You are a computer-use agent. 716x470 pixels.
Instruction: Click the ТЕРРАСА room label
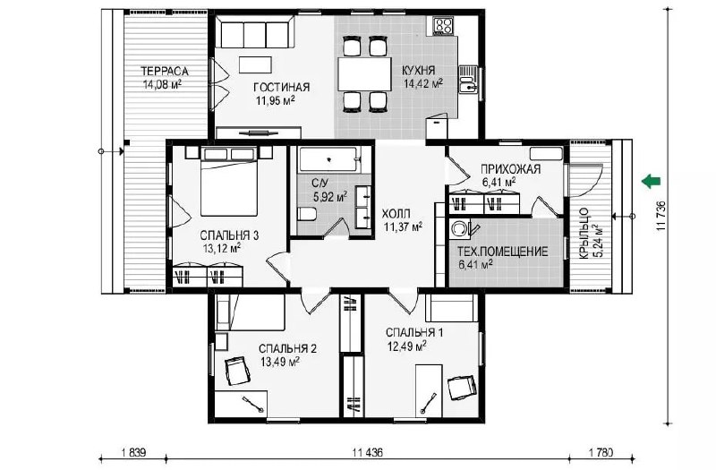point(164,72)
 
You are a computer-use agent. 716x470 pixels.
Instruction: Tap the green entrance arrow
point(651,181)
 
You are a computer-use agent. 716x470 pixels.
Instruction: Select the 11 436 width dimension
point(368,453)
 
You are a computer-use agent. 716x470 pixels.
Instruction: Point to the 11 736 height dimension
point(662,216)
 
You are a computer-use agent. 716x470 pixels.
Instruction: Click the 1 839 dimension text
point(133,453)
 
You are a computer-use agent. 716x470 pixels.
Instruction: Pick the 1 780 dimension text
point(600,453)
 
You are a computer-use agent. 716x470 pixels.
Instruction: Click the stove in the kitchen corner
point(443,26)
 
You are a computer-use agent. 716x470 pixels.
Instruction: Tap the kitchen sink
point(467,80)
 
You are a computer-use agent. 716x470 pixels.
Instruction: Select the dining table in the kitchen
point(364,74)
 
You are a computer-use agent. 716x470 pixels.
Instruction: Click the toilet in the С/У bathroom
point(307,214)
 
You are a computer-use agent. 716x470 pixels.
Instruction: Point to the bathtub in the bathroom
point(328,159)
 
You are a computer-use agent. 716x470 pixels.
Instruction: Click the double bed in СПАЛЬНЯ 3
point(229,182)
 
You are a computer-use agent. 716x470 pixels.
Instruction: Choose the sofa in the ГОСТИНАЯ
point(255,31)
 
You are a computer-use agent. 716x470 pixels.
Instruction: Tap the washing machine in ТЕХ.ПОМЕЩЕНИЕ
point(459,228)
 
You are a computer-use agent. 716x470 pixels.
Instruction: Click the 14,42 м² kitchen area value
point(422,83)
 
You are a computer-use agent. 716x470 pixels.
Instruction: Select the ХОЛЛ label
point(396,214)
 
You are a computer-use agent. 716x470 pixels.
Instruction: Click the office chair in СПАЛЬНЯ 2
point(237,372)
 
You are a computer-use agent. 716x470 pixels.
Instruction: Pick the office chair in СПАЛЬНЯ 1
point(462,388)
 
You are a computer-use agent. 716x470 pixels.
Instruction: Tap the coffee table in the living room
point(256,64)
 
